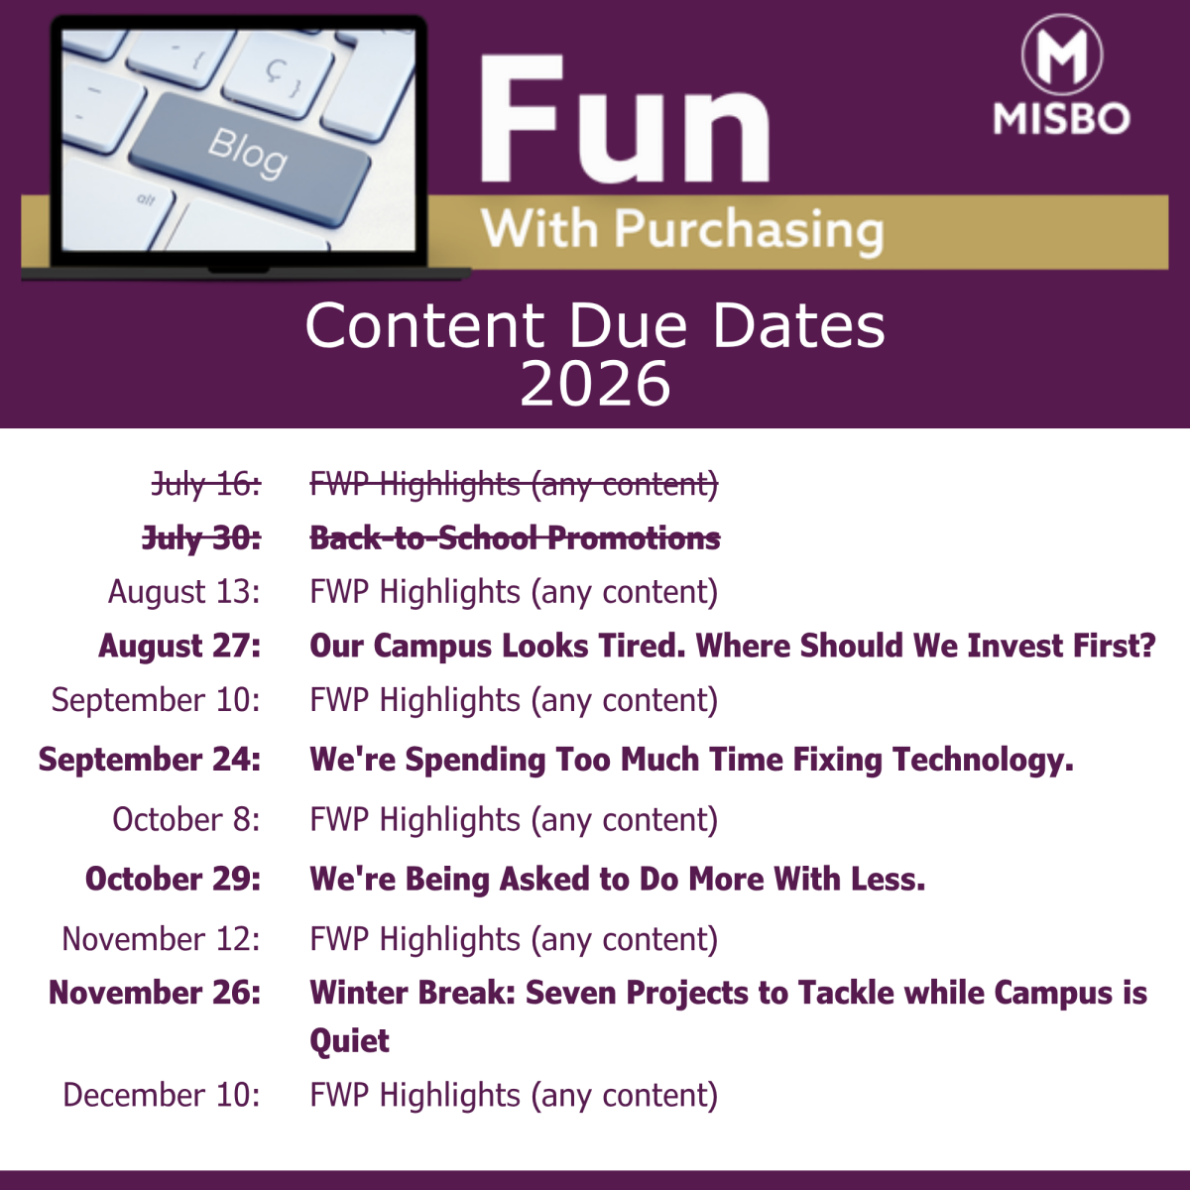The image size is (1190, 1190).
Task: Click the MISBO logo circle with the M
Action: click(1061, 55)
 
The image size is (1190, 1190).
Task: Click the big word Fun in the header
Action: click(625, 120)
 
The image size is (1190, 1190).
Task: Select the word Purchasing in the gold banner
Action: click(749, 231)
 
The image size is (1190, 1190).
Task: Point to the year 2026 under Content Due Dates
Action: click(595, 384)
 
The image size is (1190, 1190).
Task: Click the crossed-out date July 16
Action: click(206, 484)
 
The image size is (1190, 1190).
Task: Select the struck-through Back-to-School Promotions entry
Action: click(515, 537)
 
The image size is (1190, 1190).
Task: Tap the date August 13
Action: click(184, 592)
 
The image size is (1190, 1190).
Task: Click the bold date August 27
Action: click(179, 646)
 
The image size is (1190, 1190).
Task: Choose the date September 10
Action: click(156, 700)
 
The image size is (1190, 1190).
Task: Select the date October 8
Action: click(186, 819)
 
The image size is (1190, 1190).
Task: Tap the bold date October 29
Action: click(173, 879)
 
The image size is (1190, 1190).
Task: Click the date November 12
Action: click(162, 939)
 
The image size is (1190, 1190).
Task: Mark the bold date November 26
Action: click(155, 993)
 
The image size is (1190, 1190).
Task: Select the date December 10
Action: click(162, 1095)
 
